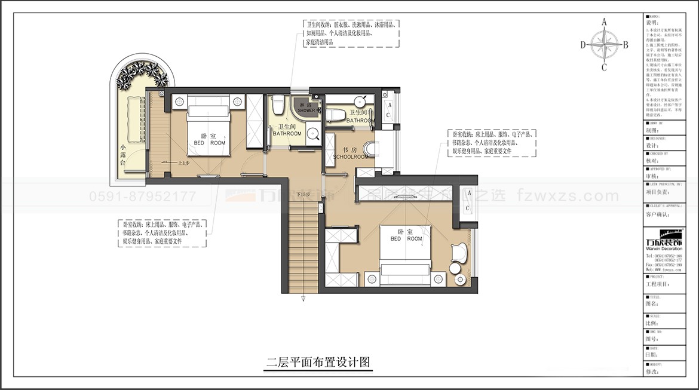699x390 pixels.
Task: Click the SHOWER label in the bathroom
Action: tap(306, 110)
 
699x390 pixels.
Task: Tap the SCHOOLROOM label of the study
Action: tap(351, 156)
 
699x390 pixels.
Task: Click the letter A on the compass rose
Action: tap(604, 22)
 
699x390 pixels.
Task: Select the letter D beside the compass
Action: tap(582, 45)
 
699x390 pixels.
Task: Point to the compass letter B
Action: tap(626, 45)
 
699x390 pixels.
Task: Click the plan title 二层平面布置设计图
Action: tap(319, 362)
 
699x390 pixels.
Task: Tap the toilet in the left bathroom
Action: tap(277, 106)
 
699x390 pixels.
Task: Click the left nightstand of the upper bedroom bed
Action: tap(179, 102)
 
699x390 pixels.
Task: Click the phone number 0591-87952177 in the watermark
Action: tap(142, 196)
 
